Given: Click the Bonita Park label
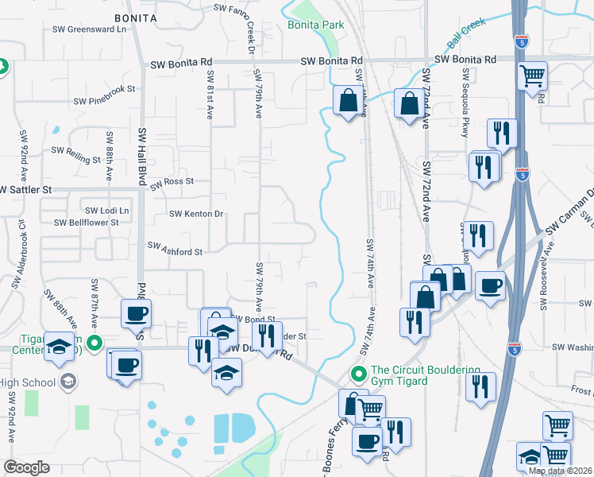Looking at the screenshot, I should coord(315,25).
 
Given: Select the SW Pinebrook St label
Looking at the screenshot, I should coord(105,101).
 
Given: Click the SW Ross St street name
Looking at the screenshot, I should coord(172,182).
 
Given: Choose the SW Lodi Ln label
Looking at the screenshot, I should coord(107,210).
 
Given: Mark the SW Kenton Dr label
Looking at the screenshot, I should coord(197,214).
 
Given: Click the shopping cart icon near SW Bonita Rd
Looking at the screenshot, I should coord(532,76).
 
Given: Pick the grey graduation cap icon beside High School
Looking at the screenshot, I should coord(67,382).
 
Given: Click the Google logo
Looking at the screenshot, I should coord(26,467).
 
